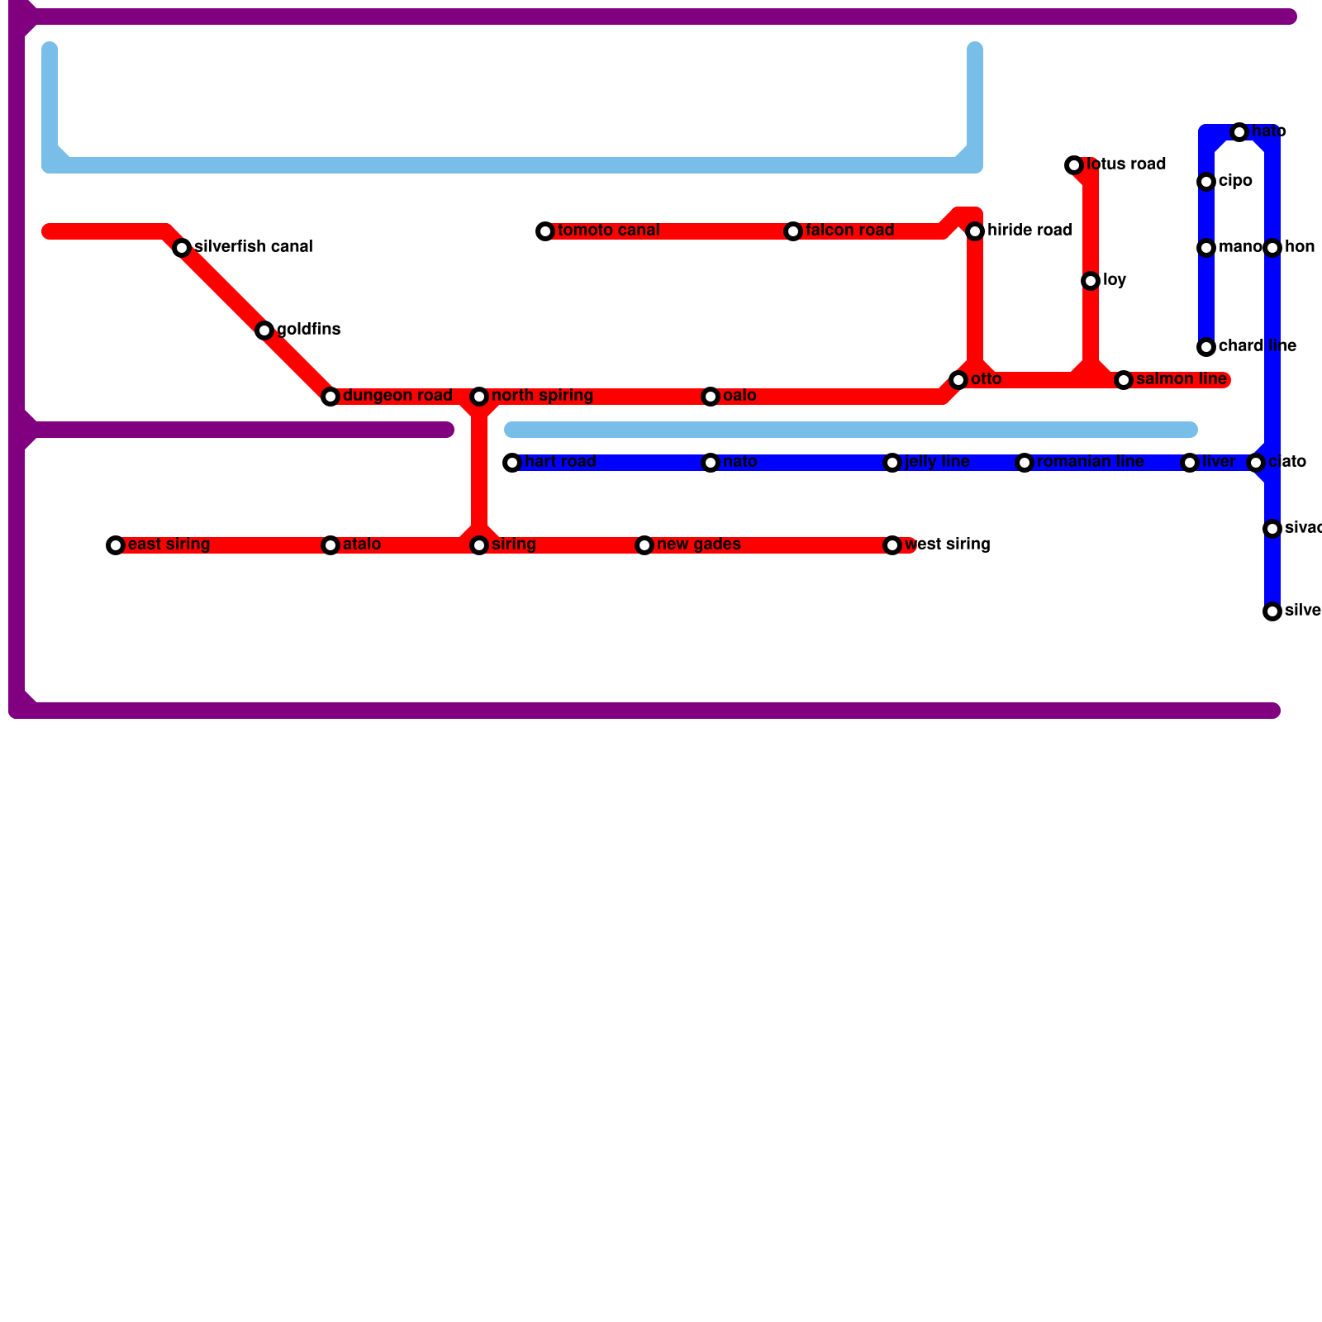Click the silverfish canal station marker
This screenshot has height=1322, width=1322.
tap(182, 248)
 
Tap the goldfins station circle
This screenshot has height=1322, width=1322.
tap(264, 330)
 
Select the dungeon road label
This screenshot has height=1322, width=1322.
tap(397, 396)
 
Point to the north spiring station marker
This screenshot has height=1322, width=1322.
tap(479, 397)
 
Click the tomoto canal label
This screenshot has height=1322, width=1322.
tap(609, 231)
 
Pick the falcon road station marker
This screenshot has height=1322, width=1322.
tap(793, 231)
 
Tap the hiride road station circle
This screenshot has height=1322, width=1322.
tap(975, 231)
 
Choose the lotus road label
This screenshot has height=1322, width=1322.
tap(1126, 164)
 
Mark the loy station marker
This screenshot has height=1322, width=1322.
tap(1091, 281)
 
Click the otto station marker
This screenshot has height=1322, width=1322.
tap(958, 380)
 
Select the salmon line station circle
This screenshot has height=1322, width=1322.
tap(1124, 380)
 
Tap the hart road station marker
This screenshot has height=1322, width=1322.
tap(512, 463)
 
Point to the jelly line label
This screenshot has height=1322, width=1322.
tap(937, 462)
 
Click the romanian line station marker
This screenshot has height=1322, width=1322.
tap(1025, 463)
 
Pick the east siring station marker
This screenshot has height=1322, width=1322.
tap(116, 545)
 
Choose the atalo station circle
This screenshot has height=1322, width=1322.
tap(330, 545)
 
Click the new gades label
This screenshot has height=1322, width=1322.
tap(699, 544)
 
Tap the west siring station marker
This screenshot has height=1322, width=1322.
tap(892, 545)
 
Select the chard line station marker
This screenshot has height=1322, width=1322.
tap(1206, 347)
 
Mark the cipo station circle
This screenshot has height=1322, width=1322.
tap(1206, 182)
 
